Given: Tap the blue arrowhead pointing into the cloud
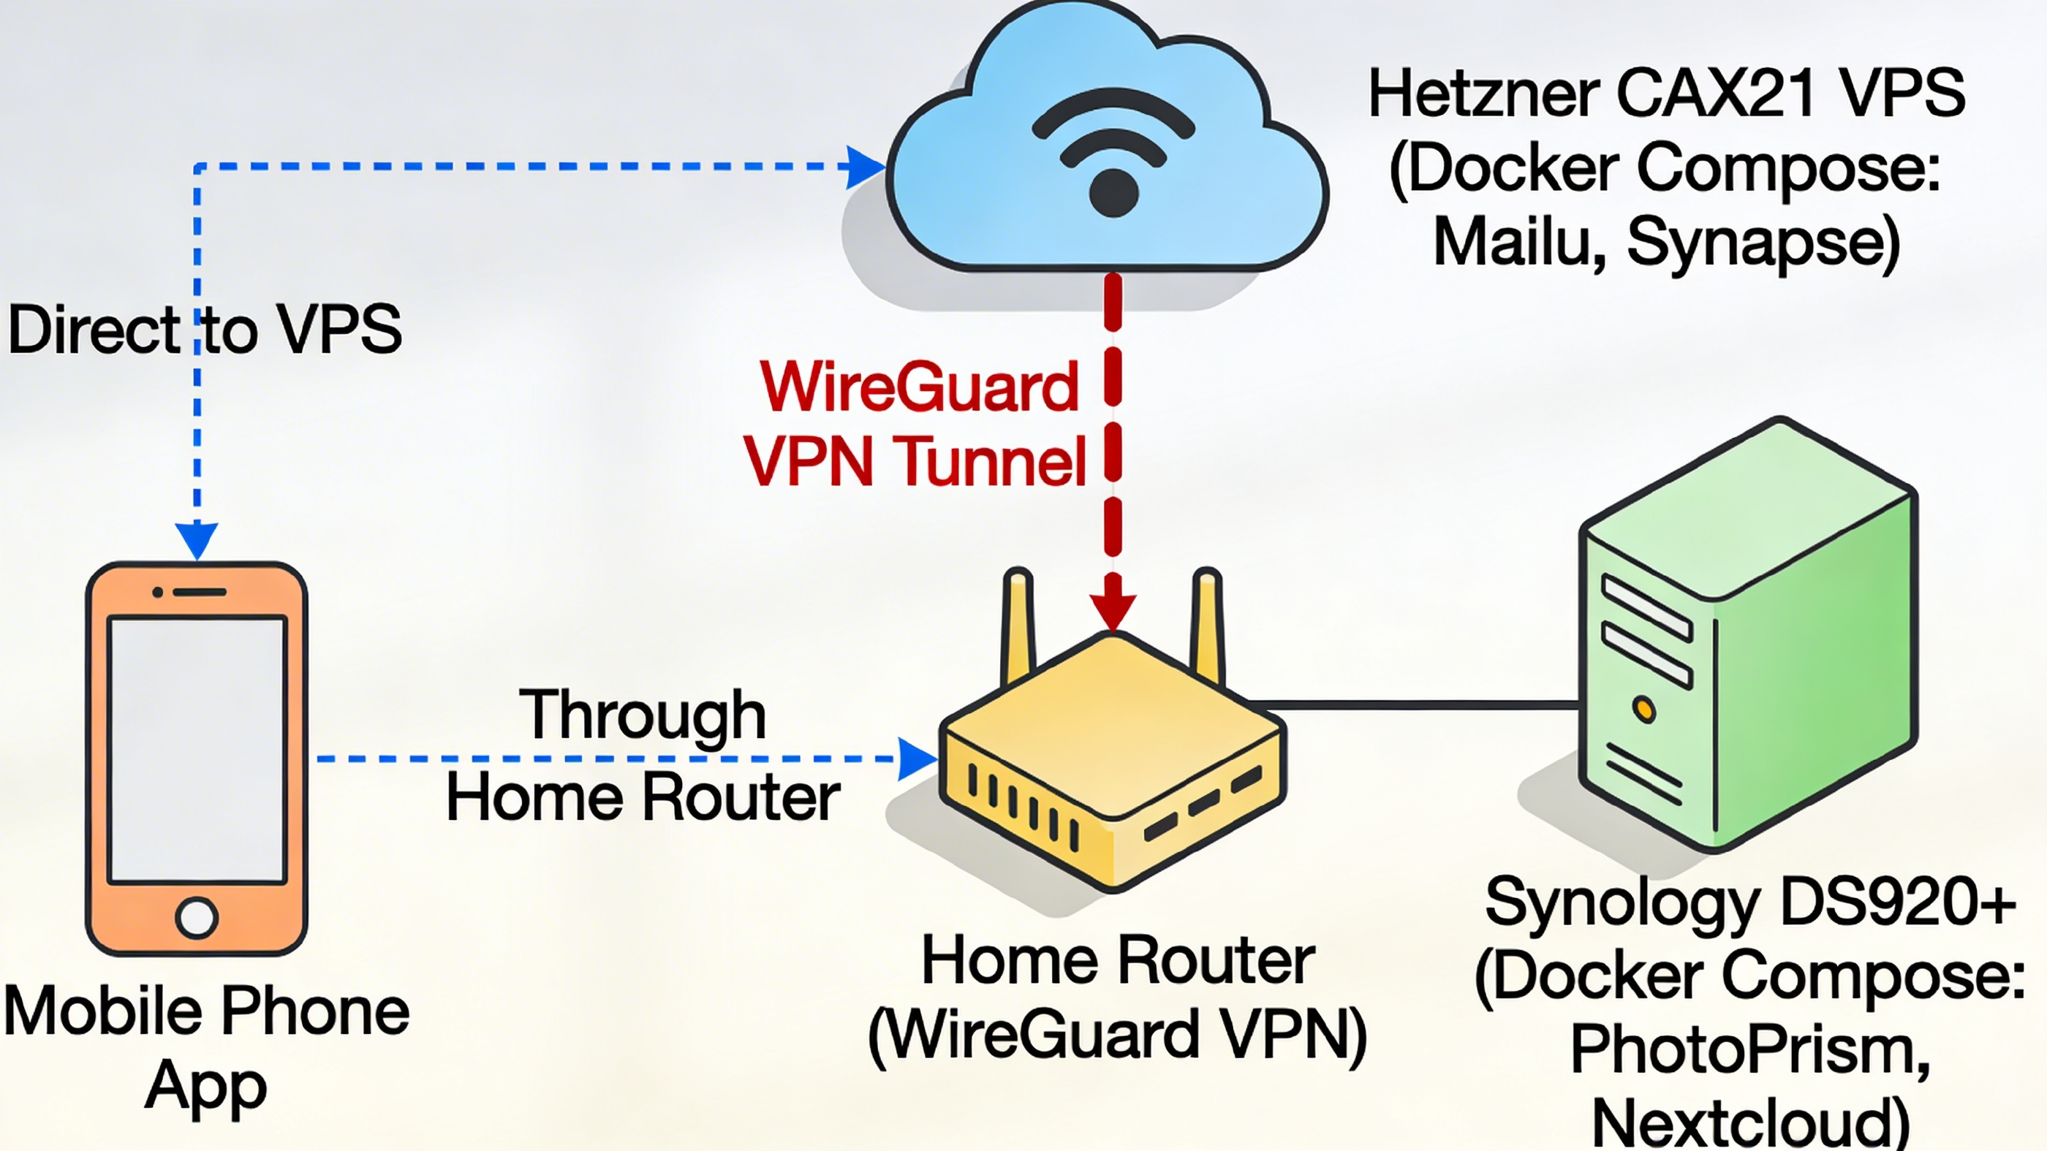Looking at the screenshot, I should click(865, 167).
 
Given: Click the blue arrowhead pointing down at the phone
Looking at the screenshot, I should click(196, 540).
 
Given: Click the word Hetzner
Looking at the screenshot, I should click(1483, 94).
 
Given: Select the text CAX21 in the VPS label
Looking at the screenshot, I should click(1717, 94).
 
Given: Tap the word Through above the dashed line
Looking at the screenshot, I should click(642, 715).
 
